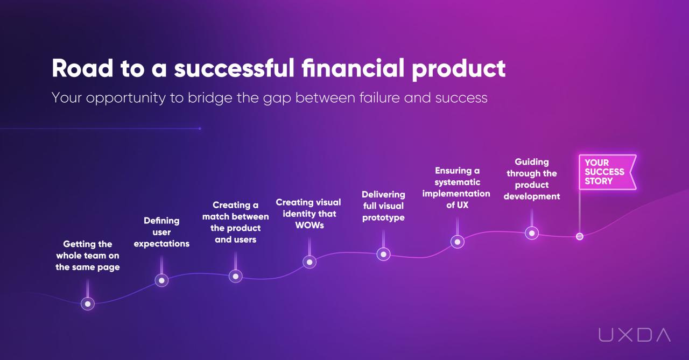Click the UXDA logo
click(635, 335)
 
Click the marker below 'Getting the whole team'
click(88, 303)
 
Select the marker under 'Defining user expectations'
click(161, 280)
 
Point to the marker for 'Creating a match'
click(235, 276)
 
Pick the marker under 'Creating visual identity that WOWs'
click(309, 262)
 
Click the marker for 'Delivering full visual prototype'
click(383, 254)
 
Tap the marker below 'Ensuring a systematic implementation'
click(457, 242)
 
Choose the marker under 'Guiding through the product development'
click(531, 233)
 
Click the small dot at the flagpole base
click(580, 236)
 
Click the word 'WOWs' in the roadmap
click(310, 225)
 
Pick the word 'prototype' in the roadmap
click(383, 217)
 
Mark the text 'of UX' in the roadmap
click(458, 205)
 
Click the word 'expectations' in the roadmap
click(161, 244)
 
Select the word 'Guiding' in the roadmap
click(532, 161)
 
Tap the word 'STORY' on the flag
click(599, 181)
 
